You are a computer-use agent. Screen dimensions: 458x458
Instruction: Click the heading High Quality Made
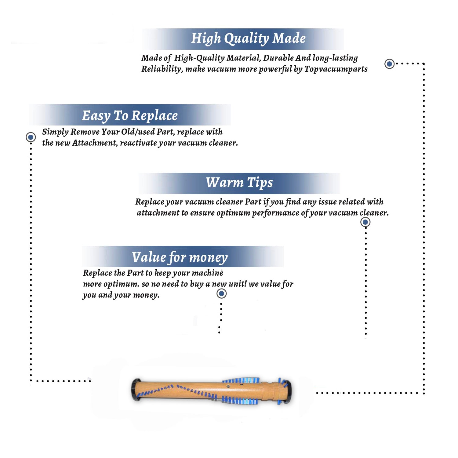click(x=248, y=39)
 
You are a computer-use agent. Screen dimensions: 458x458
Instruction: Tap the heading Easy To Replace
click(x=130, y=116)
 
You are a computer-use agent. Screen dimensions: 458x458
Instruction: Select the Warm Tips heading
click(x=239, y=183)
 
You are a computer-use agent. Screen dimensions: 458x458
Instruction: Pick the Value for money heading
click(x=180, y=257)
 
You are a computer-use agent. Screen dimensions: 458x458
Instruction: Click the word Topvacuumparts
click(x=336, y=69)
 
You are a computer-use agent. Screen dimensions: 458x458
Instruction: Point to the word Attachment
click(x=95, y=143)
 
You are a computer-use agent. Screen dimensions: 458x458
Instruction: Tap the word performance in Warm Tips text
click(x=275, y=213)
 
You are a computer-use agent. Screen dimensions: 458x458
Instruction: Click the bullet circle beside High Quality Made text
click(x=389, y=64)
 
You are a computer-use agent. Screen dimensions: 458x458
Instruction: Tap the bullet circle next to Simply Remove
click(x=31, y=137)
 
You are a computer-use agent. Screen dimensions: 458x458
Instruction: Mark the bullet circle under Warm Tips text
click(x=365, y=222)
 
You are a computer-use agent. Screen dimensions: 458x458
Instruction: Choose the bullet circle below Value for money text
click(x=221, y=294)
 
